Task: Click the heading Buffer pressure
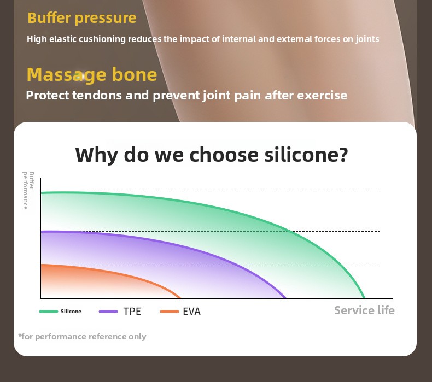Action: coord(82,19)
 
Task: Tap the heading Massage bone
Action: coord(92,75)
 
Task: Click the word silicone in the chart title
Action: coord(306,155)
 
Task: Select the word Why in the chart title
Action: coord(97,155)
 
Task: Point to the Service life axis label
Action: coord(364,310)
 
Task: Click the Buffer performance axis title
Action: coord(28,191)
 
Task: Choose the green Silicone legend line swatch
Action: coord(49,312)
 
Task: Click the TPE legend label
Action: coord(132,312)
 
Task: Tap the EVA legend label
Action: coord(191,312)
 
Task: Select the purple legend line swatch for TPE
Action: coord(108,312)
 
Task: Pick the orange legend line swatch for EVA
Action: coord(170,312)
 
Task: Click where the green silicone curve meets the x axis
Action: coord(365,298)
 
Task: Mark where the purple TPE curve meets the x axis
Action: coord(285,298)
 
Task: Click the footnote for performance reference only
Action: coord(82,337)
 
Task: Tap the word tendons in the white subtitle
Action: coord(97,96)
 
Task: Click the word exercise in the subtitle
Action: coord(322,96)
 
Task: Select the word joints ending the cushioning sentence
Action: coord(367,39)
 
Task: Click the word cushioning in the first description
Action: coord(102,39)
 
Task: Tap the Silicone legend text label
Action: coord(71,311)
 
